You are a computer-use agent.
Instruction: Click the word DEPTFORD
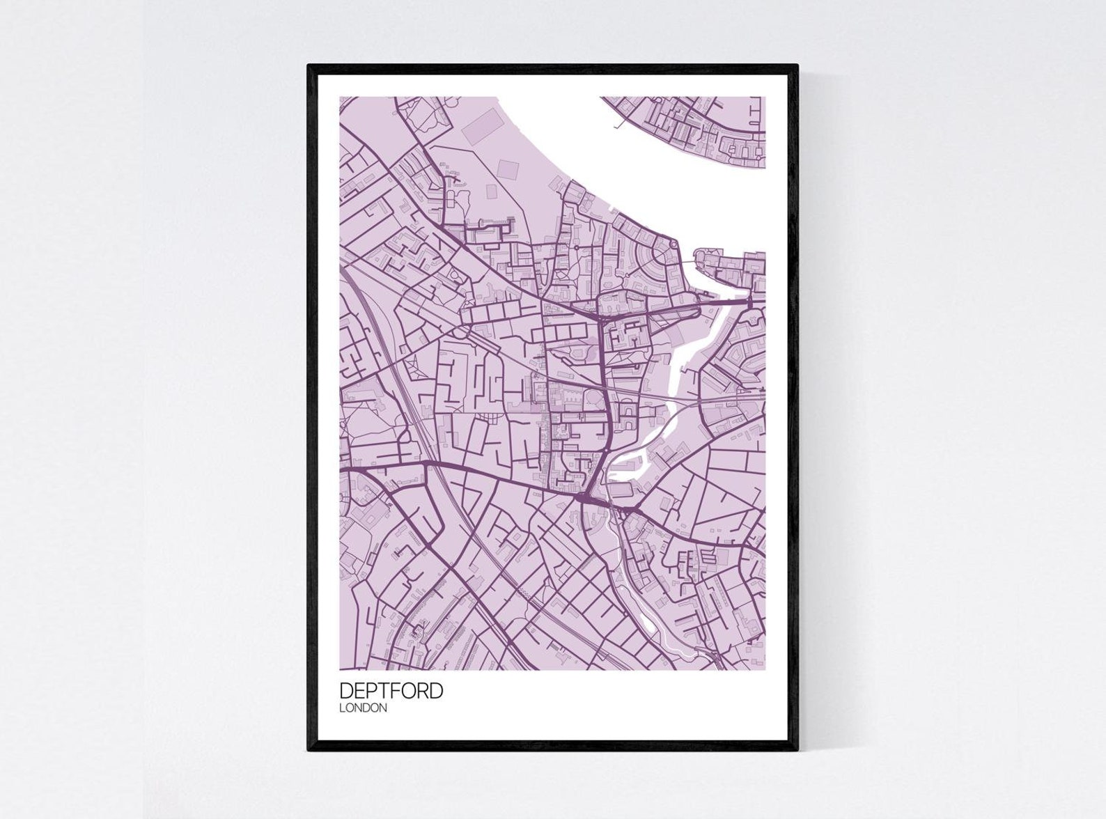[x=391, y=691]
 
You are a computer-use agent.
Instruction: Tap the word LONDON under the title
[x=363, y=708]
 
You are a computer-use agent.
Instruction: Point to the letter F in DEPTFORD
[x=396, y=691]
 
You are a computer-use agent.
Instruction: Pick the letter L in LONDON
[x=342, y=708]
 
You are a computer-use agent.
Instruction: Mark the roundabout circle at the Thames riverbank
[x=673, y=244]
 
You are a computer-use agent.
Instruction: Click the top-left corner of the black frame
[x=309, y=65]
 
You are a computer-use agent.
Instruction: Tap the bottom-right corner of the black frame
[x=797, y=750]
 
